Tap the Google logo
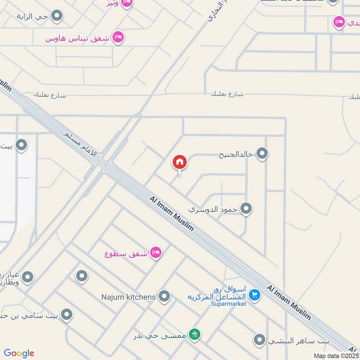(19, 353)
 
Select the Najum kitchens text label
(129, 297)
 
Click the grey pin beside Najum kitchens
(165, 296)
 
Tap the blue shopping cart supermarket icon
(255, 295)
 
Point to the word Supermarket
(229, 304)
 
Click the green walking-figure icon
(195, 334)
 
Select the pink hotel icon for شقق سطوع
(156, 253)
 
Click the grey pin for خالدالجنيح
(262, 154)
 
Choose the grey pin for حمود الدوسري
(246, 209)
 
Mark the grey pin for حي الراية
(57, 17)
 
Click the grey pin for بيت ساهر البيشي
(259, 340)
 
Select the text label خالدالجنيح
(236, 155)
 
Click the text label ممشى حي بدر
(160, 335)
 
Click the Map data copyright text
(336, 355)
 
